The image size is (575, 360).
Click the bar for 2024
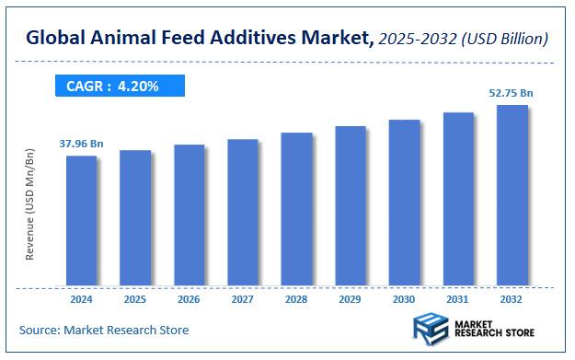click(x=81, y=220)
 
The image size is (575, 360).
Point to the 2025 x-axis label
click(x=135, y=299)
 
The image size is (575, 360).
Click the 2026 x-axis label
click(x=189, y=299)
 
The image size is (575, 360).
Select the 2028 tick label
click(x=296, y=299)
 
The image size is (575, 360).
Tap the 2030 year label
click(x=404, y=299)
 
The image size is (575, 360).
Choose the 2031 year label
click(x=458, y=299)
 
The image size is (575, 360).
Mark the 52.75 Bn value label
click(x=511, y=93)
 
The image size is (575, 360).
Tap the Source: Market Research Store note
click(x=104, y=329)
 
